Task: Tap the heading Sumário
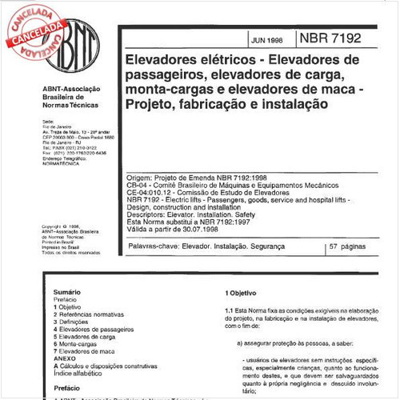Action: tap(67, 292)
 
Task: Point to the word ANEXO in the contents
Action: tap(65, 358)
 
